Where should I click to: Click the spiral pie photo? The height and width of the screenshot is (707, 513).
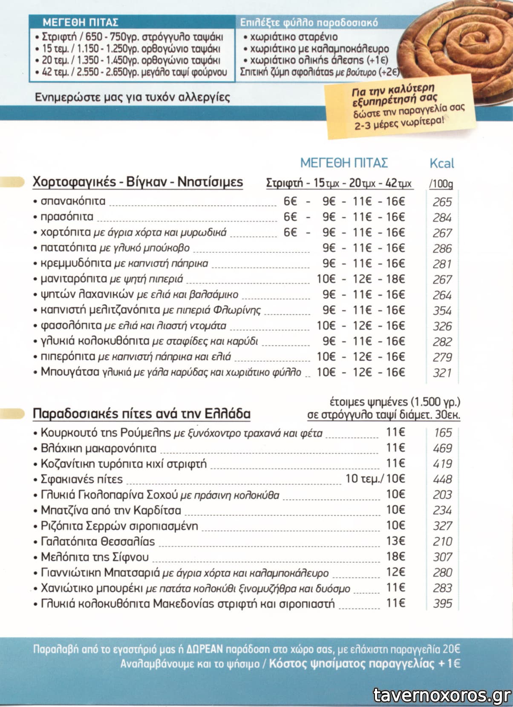tap(458, 47)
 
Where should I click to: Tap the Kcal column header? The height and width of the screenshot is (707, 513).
tap(442, 163)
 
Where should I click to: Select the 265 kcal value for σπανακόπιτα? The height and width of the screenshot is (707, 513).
tap(442, 202)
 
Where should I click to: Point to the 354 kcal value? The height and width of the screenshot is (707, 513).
tap(442, 310)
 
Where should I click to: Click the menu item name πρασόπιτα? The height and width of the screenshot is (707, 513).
tap(66, 217)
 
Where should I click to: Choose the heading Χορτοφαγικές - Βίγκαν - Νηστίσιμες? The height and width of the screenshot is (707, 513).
tap(138, 182)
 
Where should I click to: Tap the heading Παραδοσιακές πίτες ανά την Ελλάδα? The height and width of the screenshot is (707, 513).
tap(141, 414)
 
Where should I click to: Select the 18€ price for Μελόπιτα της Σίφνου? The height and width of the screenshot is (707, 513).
tap(395, 557)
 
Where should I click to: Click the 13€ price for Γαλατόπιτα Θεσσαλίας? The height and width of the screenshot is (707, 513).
tap(395, 541)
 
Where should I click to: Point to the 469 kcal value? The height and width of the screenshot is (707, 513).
tap(442, 448)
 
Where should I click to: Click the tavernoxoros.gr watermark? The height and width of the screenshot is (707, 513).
tap(442, 695)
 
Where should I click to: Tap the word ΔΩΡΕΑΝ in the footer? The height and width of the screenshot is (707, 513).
tap(205, 649)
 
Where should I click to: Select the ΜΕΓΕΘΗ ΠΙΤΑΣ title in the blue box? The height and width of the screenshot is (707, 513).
tap(81, 22)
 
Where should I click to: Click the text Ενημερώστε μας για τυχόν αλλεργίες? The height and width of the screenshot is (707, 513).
tap(132, 98)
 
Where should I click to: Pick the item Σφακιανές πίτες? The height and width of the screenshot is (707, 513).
tap(81, 479)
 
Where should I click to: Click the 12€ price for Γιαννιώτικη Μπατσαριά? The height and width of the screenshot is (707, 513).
tap(395, 572)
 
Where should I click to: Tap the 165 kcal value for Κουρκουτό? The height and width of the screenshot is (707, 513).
tap(442, 433)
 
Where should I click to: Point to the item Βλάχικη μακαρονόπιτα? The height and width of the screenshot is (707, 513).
tap(98, 448)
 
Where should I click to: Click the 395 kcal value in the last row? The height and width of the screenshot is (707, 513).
tap(442, 604)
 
